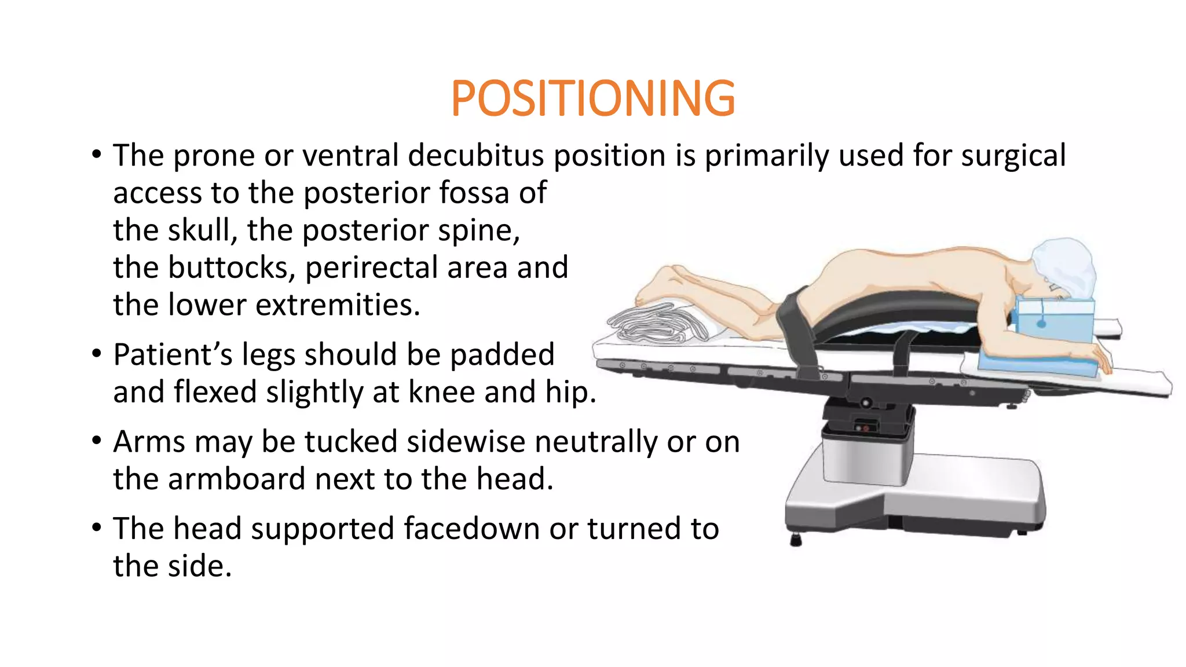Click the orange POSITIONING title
pyautogui.click(x=592, y=98)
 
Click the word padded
pyautogui.click(x=502, y=354)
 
